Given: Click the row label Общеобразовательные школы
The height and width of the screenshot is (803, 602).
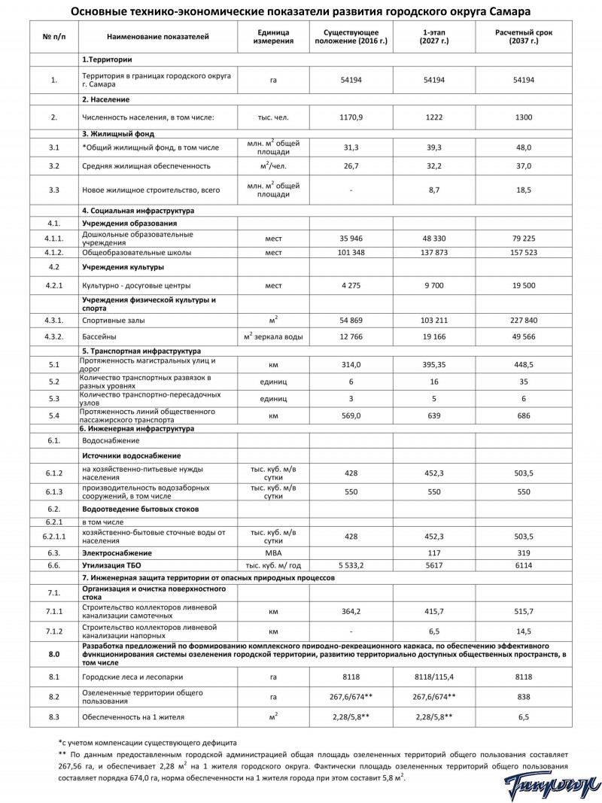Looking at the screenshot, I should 136,252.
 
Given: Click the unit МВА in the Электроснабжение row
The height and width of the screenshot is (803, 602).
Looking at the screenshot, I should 268,552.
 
